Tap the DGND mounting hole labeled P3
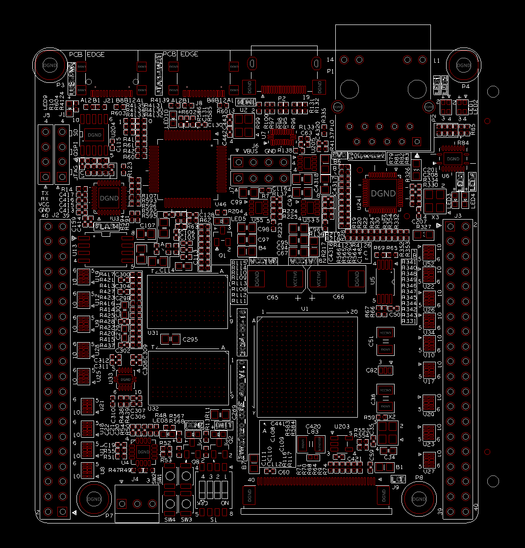click(x=50, y=65)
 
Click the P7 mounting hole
click(x=93, y=499)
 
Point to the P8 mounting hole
click(x=419, y=499)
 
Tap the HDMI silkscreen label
click(x=246, y=102)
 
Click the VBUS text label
click(x=251, y=151)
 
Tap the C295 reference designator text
click(x=190, y=339)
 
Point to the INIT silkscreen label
click(x=224, y=425)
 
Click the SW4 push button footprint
click(x=171, y=503)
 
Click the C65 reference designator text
click(x=273, y=298)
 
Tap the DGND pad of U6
click(x=453, y=159)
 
